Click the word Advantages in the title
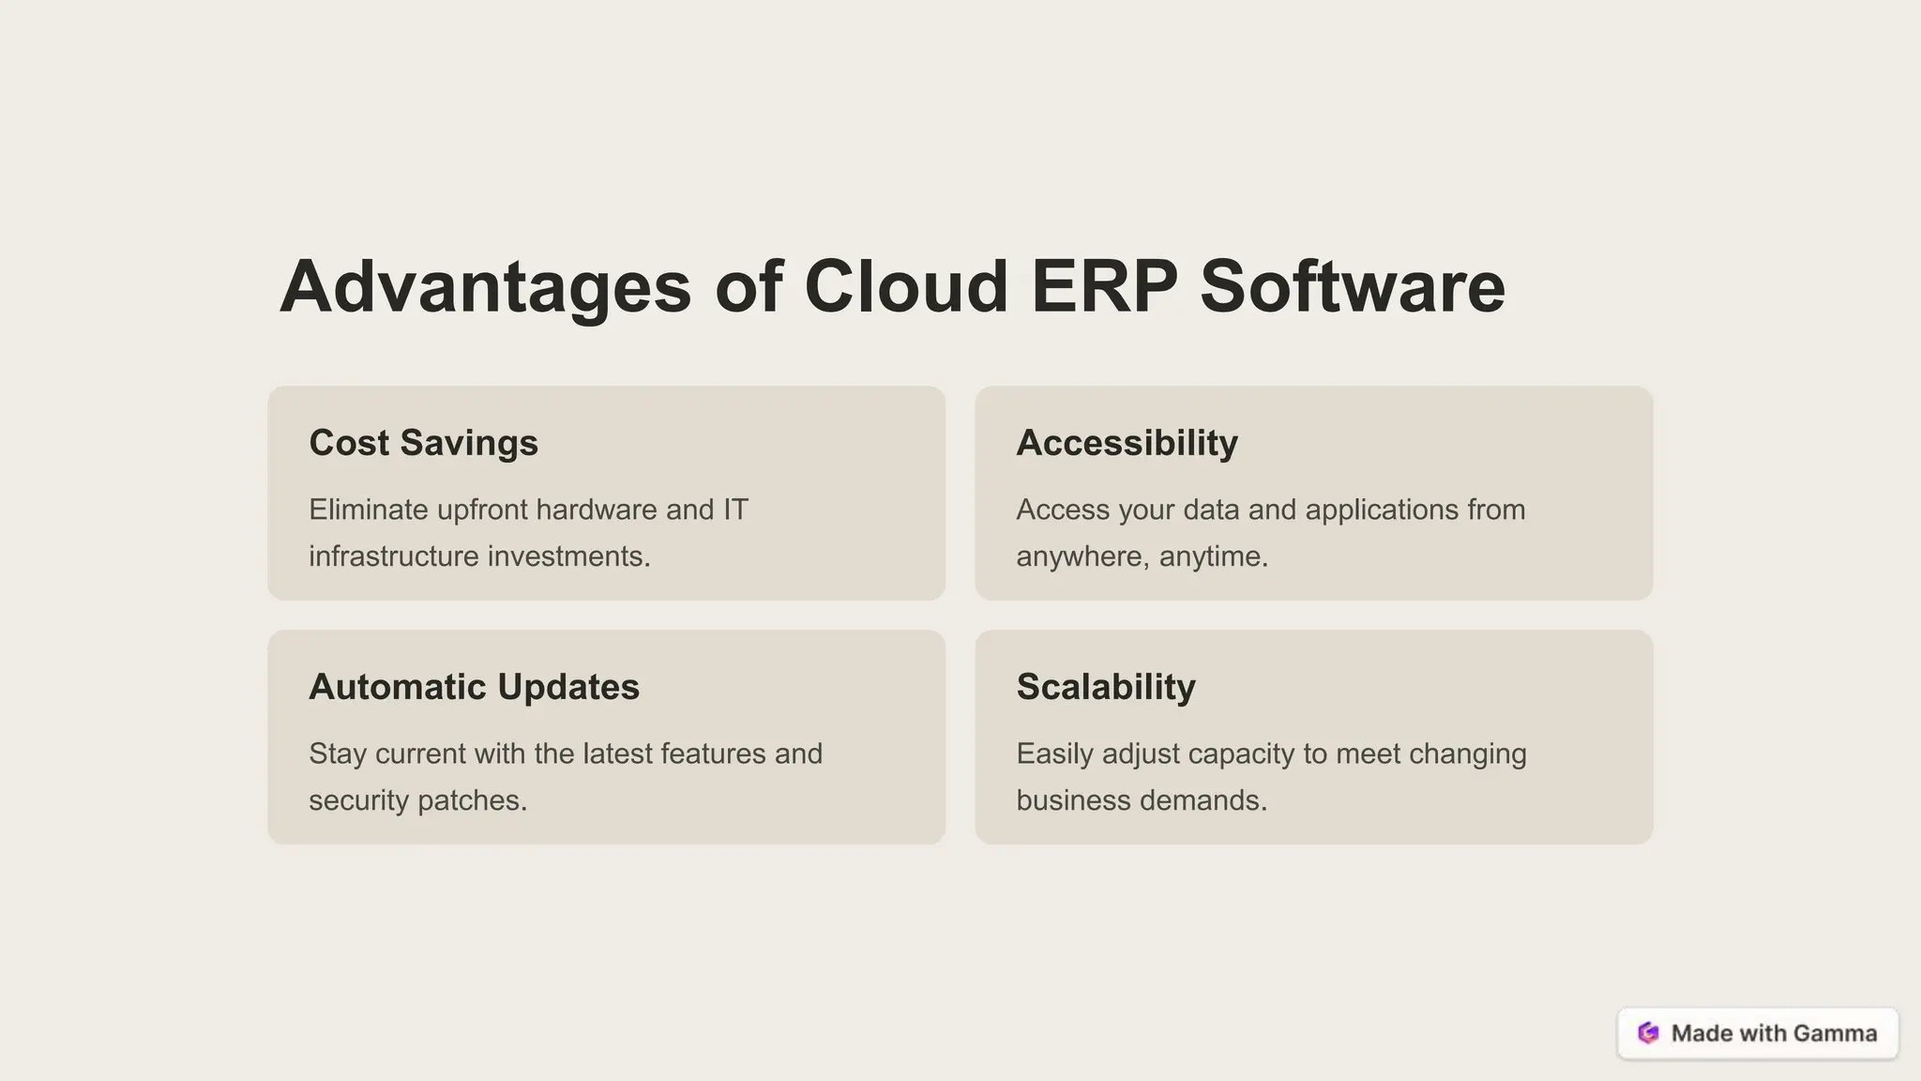tap(485, 287)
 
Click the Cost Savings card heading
tap(423, 443)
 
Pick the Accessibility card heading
tap(1127, 443)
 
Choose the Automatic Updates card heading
tap(474, 687)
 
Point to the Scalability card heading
tap(1106, 687)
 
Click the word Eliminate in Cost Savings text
tap(369, 510)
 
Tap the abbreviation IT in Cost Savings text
tap(734, 510)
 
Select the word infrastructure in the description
tap(394, 556)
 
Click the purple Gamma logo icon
tap(1648, 1033)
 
